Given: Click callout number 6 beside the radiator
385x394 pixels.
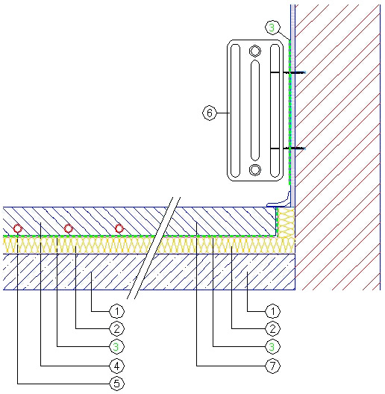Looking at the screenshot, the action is click(x=210, y=113).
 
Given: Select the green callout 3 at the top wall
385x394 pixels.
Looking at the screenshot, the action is click(x=272, y=28).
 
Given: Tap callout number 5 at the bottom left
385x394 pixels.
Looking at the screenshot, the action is click(x=117, y=384).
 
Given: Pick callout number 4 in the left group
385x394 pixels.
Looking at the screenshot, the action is click(x=117, y=366).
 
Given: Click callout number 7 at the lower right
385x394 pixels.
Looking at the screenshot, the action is click(x=272, y=366).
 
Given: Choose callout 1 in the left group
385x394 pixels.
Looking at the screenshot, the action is click(x=117, y=312).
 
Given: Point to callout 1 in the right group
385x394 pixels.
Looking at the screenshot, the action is click(x=272, y=312).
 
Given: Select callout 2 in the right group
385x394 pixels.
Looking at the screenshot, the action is click(x=272, y=328).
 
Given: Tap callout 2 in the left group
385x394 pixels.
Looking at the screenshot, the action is click(x=117, y=328).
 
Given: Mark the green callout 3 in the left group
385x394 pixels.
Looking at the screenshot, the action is click(x=117, y=347).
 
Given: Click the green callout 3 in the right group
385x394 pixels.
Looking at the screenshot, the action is click(x=272, y=347).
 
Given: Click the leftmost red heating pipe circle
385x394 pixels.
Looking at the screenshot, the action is click(x=18, y=228).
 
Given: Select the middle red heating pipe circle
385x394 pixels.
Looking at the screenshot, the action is click(x=68, y=228).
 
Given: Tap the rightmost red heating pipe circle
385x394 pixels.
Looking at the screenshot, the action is click(x=119, y=228).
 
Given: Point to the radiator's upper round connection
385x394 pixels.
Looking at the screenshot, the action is click(x=255, y=51).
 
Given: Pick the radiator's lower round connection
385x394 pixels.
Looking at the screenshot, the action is click(x=255, y=169).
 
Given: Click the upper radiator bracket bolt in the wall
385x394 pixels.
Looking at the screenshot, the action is click(x=294, y=72).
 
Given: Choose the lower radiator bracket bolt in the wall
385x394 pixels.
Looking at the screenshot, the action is click(x=294, y=148).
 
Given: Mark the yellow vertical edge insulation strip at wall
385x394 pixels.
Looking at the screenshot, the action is click(x=286, y=222).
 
